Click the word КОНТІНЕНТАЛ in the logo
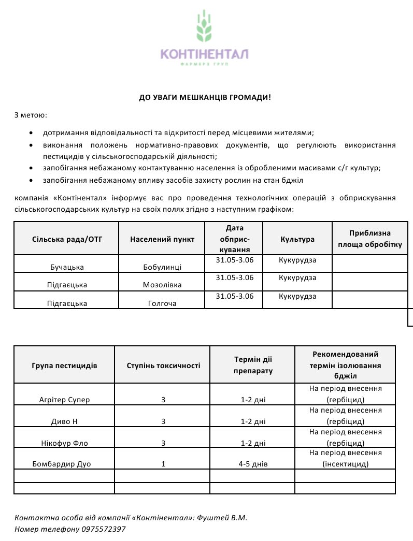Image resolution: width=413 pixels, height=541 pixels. click(x=205, y=54)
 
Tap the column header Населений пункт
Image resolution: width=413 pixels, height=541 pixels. click(x=162, y=239)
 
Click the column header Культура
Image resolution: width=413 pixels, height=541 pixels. click(x=297, y=239)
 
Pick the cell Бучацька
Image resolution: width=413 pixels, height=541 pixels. click(x=66, y=267)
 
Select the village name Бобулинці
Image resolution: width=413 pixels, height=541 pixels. click(x=162, y=267)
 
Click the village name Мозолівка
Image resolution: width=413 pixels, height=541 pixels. click(x=162, y=285)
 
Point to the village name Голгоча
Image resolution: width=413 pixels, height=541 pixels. click(x=162, y=303)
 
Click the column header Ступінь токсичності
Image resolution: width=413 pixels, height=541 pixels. click(x=163, y=365)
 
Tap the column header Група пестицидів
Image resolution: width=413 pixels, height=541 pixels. click(x=64, y=365)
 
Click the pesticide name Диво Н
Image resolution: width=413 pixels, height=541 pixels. click(x=64, y=421)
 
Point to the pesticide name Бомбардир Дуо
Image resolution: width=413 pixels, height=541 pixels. click(x=64, y=464)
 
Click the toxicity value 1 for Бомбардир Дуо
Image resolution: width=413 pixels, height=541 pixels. click(x=163, y=464)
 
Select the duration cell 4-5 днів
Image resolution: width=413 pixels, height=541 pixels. click(x=253, y=464)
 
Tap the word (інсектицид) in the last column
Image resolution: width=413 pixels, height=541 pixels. click(x=345, y=464)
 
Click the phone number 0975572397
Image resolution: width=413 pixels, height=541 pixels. click(x=104, y=529)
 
